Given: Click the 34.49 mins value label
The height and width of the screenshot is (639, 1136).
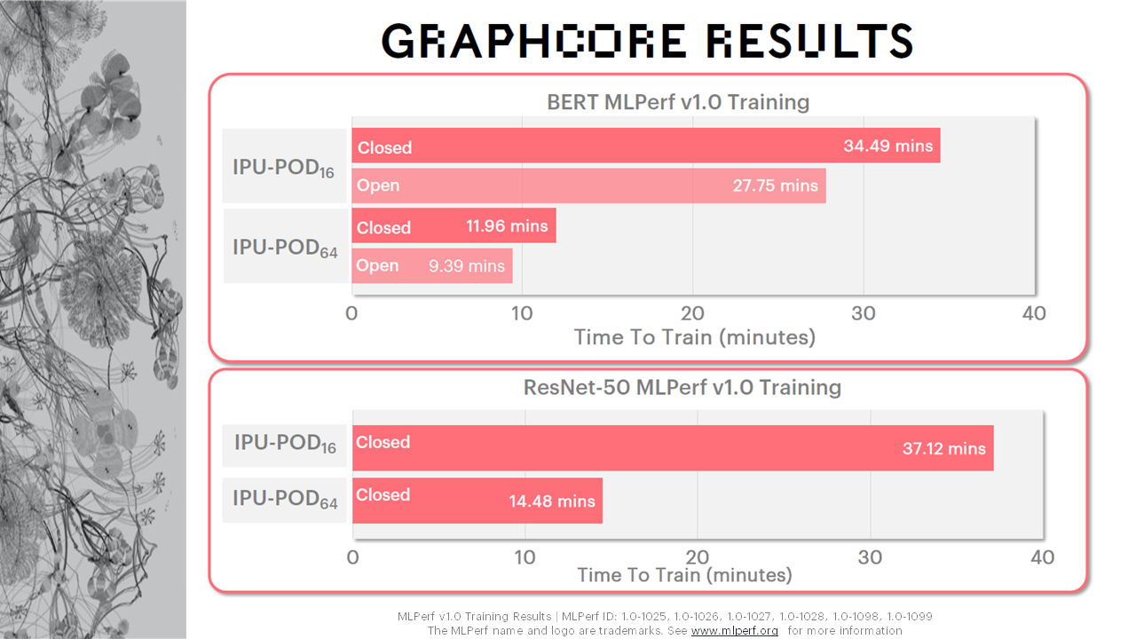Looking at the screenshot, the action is (888, 146).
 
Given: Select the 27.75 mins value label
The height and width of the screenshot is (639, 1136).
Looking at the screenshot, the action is (775, 185).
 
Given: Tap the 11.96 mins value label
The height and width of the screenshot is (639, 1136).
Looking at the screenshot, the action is (507, 225).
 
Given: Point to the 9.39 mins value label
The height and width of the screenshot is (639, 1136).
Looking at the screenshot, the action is (467, 265).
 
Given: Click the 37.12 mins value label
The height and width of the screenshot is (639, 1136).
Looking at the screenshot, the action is (943, 449).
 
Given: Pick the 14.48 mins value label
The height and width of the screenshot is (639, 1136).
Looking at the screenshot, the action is (552, 501).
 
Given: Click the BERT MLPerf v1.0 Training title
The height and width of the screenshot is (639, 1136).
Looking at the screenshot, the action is (678, 102).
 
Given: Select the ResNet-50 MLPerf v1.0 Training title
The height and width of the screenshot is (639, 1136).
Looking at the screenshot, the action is (682, 388).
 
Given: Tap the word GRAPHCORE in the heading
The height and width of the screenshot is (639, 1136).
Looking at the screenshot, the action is (534, 41).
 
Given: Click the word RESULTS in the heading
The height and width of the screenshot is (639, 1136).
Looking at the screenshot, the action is (810, 41).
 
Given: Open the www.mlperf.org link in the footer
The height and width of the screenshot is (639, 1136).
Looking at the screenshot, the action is (734, 630).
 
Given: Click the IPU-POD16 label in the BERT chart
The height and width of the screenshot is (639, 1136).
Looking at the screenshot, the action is (283, 168).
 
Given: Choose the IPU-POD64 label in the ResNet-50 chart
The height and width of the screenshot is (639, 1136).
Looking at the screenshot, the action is (285, 499).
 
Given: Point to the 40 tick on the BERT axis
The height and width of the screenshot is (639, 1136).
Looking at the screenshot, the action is (1034, 313).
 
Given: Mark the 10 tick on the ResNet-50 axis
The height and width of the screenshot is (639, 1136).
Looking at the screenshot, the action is (525, 557).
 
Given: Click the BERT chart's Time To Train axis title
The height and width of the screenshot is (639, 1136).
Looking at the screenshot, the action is (694, 337).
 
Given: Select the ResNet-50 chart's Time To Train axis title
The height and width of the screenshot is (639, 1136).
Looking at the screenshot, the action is (684, 575).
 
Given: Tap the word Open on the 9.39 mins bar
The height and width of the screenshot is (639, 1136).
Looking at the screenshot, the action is (377, 265).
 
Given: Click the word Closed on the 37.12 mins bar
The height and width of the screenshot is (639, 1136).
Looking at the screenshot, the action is (383, 442).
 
